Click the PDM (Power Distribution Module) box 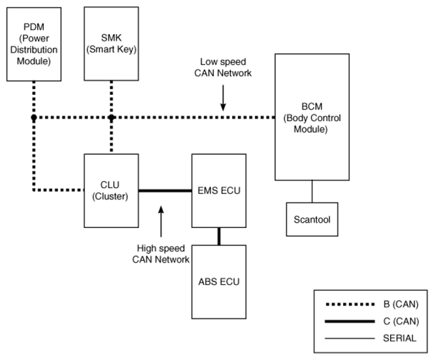click(33, 40)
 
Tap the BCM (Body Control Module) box click(311, 117)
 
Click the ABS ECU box click(218, 282)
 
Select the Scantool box click(312, 220)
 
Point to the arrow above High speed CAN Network click(161, 218)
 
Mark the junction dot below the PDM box click(33, 118)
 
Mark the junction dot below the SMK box click(111, 118)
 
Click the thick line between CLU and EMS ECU click(163, 191)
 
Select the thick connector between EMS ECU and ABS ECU click(218, 235)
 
